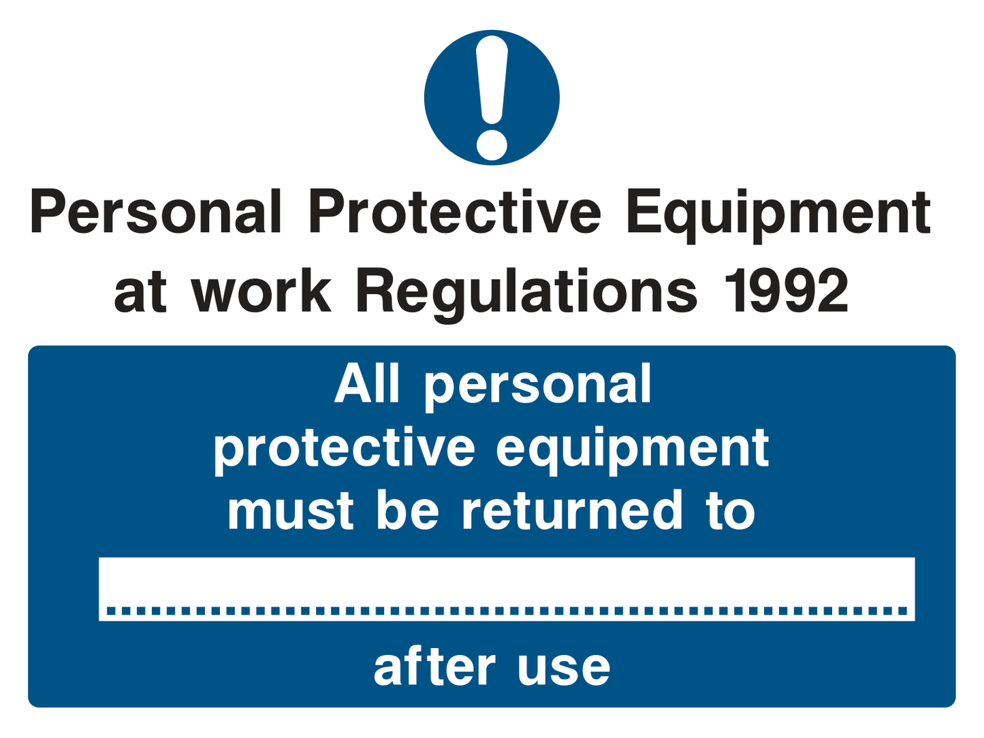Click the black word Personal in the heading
[155, 212]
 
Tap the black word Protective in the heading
[454, 212]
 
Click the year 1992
[787, 291]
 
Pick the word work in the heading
[261, 291]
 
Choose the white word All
[366, 384]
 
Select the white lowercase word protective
[344, 450]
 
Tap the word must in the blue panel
[290, 511]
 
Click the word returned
[572, 511]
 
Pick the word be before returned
[407, 511]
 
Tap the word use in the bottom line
[563, 669]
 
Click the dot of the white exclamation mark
[491, 144]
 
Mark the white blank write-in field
[506, 580]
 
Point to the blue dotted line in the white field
[506, 611]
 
